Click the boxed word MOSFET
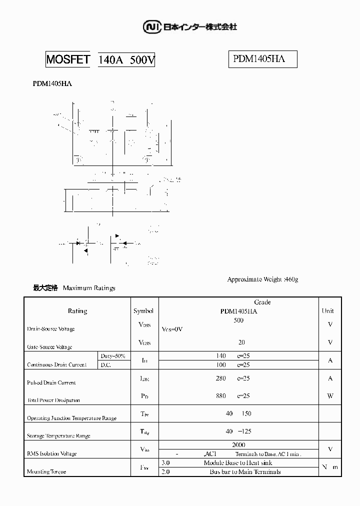68,60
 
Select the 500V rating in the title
142,60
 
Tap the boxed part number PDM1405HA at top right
258,59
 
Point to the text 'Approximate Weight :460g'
262,279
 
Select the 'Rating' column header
77,311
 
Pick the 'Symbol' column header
144,311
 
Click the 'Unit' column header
327,311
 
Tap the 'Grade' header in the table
262,302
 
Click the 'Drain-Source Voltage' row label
51,329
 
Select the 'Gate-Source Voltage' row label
49,347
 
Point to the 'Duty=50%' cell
113,356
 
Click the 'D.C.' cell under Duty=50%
106,365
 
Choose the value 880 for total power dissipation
220,396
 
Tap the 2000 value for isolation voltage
238,444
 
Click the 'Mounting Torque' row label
46,471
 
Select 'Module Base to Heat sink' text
238,463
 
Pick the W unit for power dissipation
330,396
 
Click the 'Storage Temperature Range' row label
58,436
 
